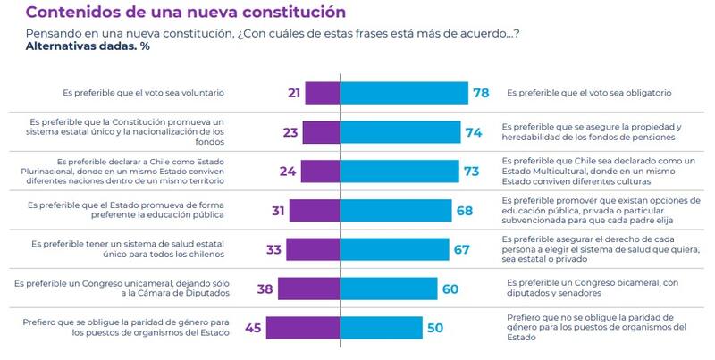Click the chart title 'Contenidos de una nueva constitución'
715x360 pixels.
[186, 13]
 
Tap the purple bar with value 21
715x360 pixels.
[322, 93]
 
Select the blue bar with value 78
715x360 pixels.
[404, 93]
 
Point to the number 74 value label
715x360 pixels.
[474, 132]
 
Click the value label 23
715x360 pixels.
[290, 132]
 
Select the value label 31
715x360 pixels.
[279, 211]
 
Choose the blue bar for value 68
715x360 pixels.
[396, 211]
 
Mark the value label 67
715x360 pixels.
[462, 249]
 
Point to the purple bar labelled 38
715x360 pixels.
[309, 289]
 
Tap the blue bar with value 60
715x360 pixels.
[389, 289]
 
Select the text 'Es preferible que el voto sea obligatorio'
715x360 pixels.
[591, 93]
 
